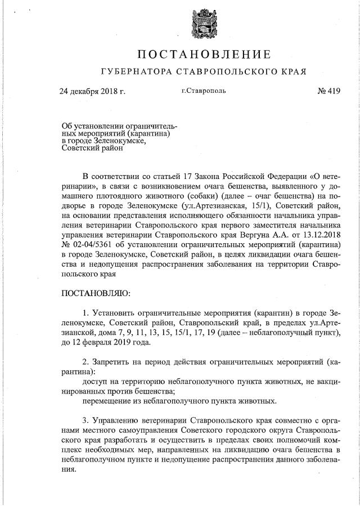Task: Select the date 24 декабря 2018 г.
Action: click(92, 91)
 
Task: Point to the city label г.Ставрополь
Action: click(204, 91)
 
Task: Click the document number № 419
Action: click(328, 91)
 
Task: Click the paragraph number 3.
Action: click(85, 420)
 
